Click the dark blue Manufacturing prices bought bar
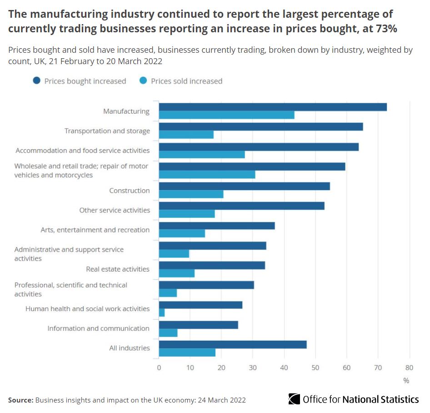pos(273,107)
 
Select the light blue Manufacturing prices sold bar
pos(226,115)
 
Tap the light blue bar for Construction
pos(191,194)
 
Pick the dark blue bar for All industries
pos(233,344)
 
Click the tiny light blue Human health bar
pos(162,313)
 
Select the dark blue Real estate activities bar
pos(212,265)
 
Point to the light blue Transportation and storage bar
pos(186,135)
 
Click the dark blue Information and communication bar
pos(198,325)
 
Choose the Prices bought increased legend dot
pos(36,81)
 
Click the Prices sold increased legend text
pos(186,81)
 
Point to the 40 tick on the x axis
pos(284,368)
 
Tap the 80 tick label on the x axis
pos(410,368)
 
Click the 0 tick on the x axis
pos(159,368)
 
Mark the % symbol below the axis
pos(406,380)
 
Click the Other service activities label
pos(114,210)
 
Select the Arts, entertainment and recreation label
pos(95,230)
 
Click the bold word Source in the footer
pos(20,400)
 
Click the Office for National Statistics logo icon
pos(294,399)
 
